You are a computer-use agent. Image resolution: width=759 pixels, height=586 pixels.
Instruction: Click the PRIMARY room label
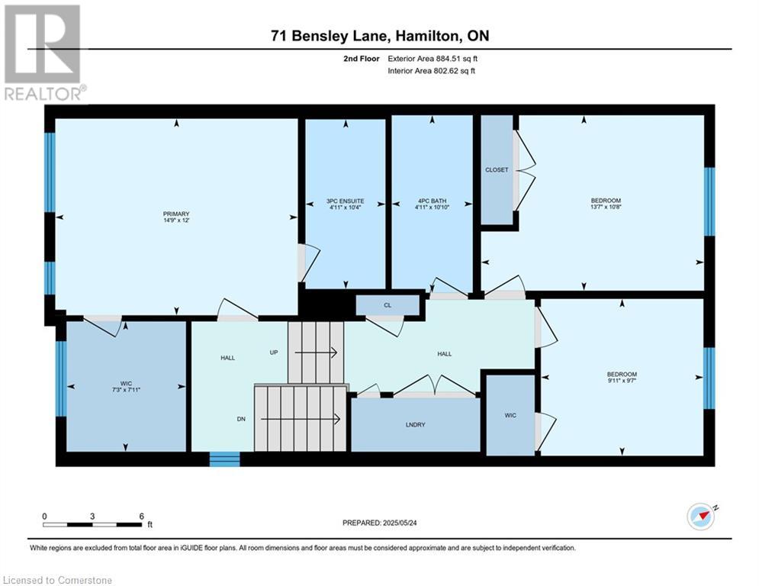coord(176,214)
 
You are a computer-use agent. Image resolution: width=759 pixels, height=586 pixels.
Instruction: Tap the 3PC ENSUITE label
coord(345,201)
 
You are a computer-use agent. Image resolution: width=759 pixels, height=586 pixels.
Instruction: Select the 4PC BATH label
coord(433,201)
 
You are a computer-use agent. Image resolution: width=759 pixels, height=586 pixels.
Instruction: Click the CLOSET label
coord(497,169)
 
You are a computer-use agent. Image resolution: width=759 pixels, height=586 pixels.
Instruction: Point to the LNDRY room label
coord(415,425)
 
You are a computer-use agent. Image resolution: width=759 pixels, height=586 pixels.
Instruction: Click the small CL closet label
coord(388,305)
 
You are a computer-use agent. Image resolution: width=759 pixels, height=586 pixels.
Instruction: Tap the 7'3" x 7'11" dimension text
coord(126,389)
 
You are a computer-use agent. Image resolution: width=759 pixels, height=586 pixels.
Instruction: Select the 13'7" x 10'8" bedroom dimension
coord(606,207)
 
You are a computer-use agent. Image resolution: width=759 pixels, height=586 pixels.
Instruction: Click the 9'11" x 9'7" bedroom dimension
coord(622,381)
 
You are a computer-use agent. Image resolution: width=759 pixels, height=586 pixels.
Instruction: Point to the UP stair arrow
coord(316,353)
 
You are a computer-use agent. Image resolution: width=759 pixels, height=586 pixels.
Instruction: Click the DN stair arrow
coord(300,419)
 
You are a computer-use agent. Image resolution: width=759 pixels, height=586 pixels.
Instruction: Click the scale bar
coord(92,524)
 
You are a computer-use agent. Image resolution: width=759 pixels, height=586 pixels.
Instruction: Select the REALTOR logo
coord(43,52)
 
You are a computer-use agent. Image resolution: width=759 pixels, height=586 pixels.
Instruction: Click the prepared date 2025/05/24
coord(400,523)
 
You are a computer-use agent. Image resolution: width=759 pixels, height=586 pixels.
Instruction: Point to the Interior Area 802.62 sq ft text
coord(431,71)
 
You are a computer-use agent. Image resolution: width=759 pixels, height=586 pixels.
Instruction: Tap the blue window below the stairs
coord(224,459)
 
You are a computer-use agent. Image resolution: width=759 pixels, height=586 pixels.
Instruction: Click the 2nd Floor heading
coord(362,59)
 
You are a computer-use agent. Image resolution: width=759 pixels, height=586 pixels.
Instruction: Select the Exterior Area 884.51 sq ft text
coord(433,59)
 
